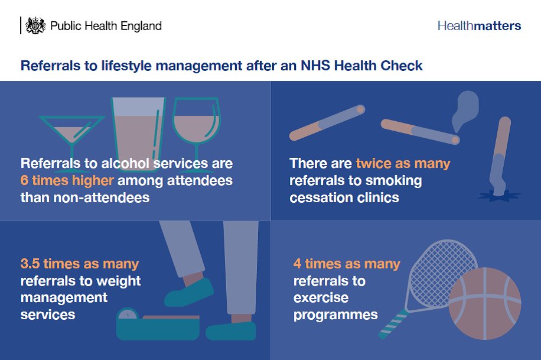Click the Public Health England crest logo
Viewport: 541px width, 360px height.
click(x=35, y=25)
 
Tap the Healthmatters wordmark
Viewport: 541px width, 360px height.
click(x=479, y=26)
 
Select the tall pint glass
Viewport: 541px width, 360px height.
click(x=138, y=127)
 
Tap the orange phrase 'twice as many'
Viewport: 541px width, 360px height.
click(x=403, y=163)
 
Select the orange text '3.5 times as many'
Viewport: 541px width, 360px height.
click(x=79, y=264)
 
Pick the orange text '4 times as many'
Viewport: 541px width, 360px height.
click(x=347, y=264)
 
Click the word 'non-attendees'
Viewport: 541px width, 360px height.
click(x=84, y=197)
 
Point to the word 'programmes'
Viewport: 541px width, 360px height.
click(x=335, y=314)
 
